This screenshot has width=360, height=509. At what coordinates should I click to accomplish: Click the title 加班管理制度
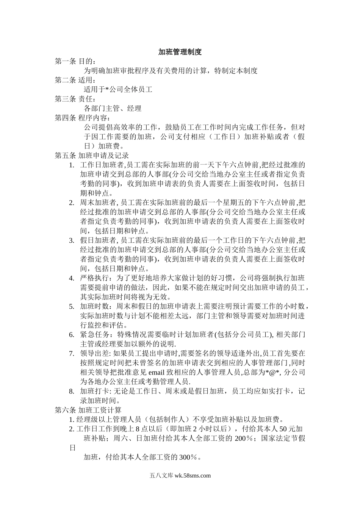pyautogui.click(x=180, y=52)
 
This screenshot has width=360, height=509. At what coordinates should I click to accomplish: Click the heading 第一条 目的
pyautogui.click(x=75, y=61)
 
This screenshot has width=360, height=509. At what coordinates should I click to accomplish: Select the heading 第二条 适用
pyautogui.click(x=75, y=80)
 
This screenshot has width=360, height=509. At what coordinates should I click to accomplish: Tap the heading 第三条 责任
pyautogui.click(x=75, y=99)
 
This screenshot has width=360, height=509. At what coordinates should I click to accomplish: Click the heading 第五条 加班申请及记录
pyautogui.click(x=92, y=155)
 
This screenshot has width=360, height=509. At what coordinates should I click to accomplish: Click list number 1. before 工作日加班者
pyautogui.click(x=72, y=165)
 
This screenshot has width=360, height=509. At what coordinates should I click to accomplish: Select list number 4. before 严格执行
pyautogui.click(x=72, y=278)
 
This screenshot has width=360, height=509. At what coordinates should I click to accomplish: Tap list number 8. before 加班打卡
pyautogui.click(x=72, y=391)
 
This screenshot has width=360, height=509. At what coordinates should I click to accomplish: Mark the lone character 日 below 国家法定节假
pyautogui.click(x=72, y=448)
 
